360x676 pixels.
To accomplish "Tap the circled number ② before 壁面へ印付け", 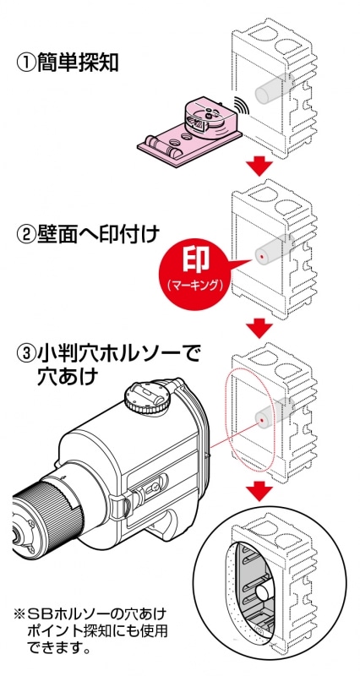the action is (x=26, y=236).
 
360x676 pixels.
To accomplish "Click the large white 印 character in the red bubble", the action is (x=196, y=261).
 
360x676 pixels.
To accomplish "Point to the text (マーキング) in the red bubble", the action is (x=196, y=285).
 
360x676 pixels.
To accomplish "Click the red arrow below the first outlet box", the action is (x=260, y=167).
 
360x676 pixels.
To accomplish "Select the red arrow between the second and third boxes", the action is (x=260, y=329).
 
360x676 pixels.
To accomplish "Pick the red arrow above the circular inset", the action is (x=260, y=493).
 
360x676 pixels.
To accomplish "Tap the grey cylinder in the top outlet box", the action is (x=275, y=88).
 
